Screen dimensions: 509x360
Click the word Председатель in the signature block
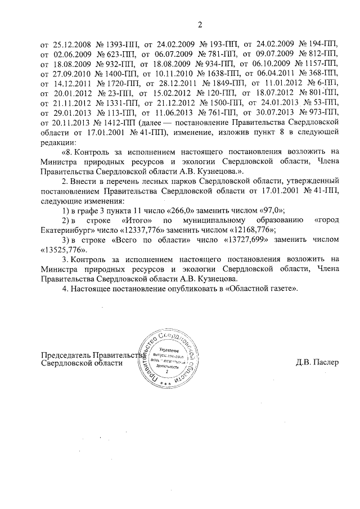65,354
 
